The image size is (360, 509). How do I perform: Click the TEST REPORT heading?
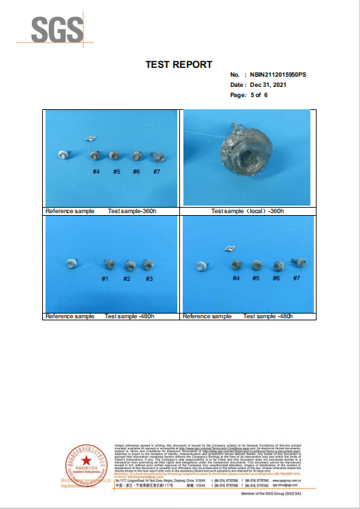pos(179,64)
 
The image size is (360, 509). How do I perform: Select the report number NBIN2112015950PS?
pos(278,74)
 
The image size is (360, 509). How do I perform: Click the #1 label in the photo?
pos(105,279)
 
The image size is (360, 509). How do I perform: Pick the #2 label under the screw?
pos(127,279)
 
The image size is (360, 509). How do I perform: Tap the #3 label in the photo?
pos(149,279)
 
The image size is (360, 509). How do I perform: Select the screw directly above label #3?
pos(148,264)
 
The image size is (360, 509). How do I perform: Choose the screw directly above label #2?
pos(128,264)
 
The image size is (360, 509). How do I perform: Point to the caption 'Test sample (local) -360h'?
pos(247,211)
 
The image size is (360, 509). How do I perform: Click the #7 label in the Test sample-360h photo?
pos(157,172)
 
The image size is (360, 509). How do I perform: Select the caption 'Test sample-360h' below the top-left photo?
pos(131,211)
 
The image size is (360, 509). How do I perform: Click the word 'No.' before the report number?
pos(235,74)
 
